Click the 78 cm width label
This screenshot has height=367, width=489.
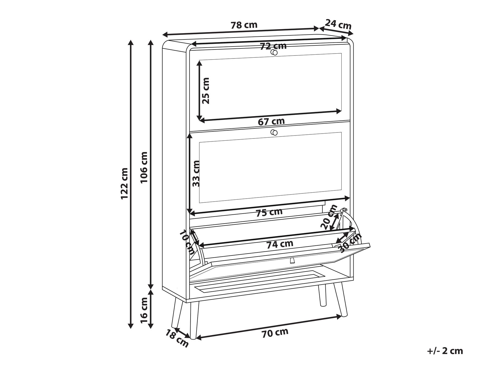(244, 25)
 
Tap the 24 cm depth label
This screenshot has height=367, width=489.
(338, 24)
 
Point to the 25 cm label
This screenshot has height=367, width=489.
(206, 91)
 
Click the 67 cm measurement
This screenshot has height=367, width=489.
(271, 121)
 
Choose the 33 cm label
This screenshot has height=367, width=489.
(196, 173)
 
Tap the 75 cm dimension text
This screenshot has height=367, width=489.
(269, 212)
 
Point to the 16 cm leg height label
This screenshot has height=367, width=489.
(144, 310)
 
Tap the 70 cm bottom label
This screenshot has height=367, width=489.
(275, 333)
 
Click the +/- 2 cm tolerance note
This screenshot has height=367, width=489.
(445, 351)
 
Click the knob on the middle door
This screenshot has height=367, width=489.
(274, 132)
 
